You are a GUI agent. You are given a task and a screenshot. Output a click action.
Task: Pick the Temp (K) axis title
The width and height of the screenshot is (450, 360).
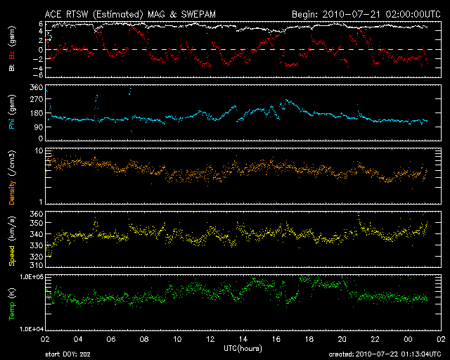(12, 302)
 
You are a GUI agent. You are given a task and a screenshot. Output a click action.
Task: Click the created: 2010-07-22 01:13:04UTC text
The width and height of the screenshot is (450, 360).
(384, 354)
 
